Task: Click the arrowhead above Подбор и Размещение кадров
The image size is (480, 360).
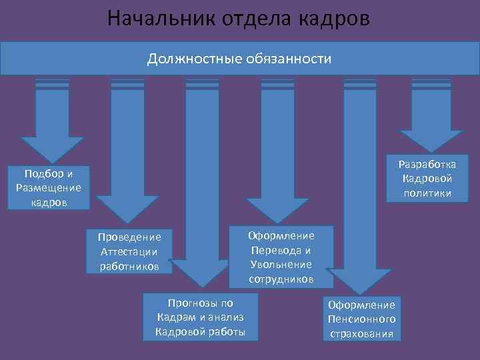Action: coord(52,149)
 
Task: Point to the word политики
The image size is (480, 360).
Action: coord(427,193)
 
